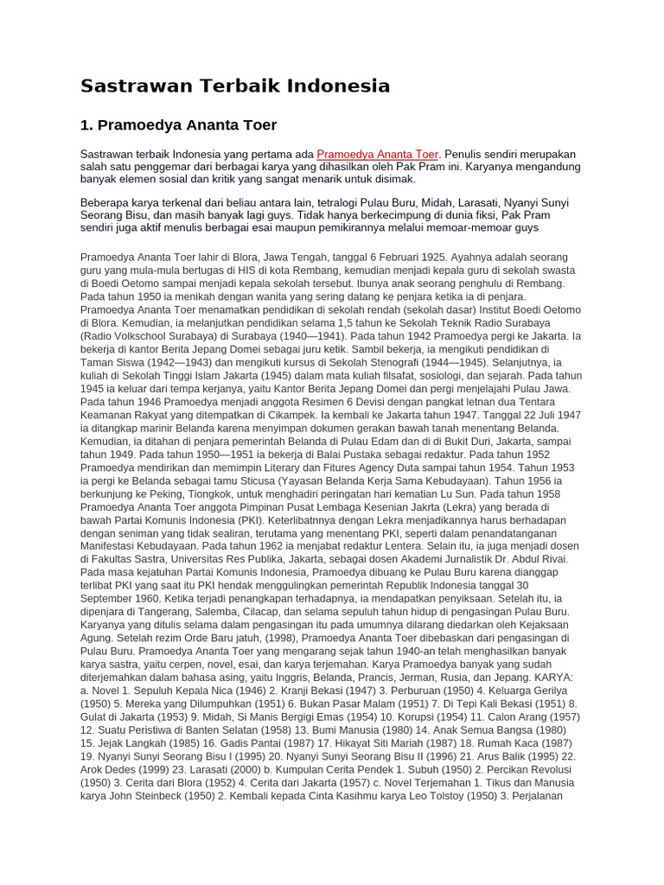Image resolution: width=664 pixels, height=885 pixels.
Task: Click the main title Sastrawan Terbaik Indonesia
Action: pyautogui.click(x=235, y=86)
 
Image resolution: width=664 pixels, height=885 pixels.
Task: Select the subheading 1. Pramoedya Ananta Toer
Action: pyautogui.click(x=178, y=125)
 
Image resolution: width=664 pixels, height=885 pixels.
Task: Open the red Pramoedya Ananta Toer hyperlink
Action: pyautogui.click(x=378, y=153)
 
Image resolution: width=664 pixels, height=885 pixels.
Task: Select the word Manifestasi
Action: pyautogui.click(x=112, y=545)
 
